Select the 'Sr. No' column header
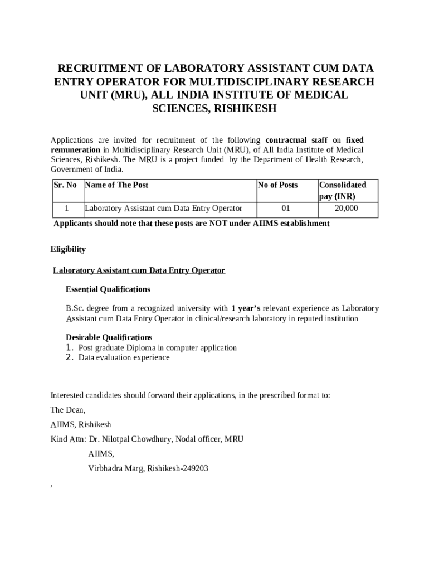tap(65, 185)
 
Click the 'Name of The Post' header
tap(116, 185)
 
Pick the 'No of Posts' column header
tap(278, 185)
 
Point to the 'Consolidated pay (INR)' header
tap(342, 190)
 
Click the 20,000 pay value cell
tap(347, 209)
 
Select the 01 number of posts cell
tap(286, 209)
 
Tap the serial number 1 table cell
tap(66, 209)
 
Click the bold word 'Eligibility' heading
tap(68, 249)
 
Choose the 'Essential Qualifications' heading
tap(108, 289)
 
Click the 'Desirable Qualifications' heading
tap(109, 337)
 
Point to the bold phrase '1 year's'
tap(246, 308)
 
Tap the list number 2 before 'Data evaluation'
tap(70, 357)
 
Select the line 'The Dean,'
tap(68, 410)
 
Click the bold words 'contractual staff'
tap(296, 140)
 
